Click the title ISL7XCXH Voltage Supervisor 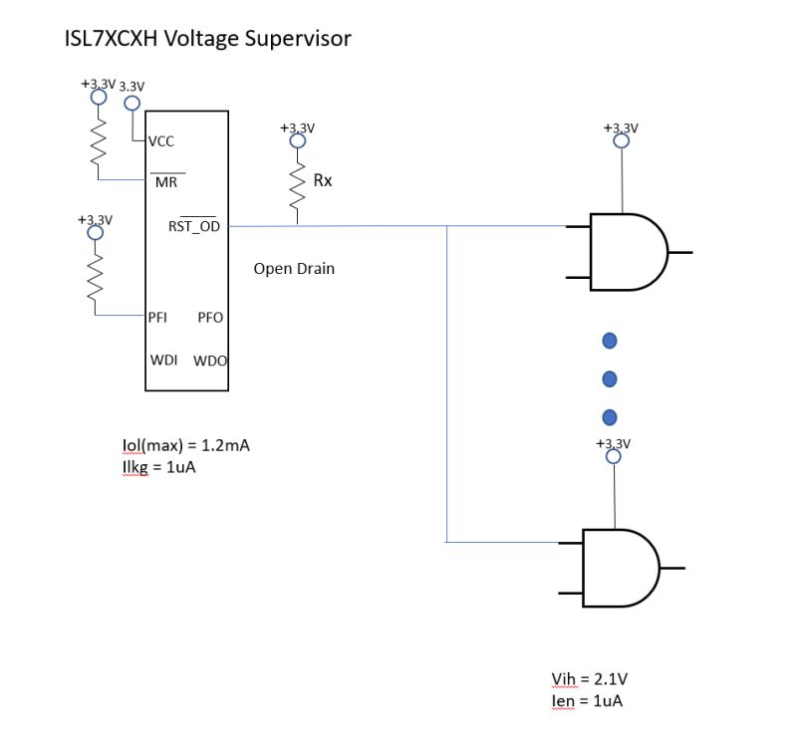click(x=207, y=39)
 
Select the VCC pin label click(x=161, y=141)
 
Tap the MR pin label click(x=165, y=182)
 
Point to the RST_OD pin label click(x=193, y=226)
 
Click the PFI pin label click(x=157, y=317)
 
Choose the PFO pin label click(x=210, y=317)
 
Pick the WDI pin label click(x=163, y=359)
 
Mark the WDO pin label click(x=210, y=360)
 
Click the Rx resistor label click(x=323, y=181)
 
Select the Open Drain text click(x=294, y=269)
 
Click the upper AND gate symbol click(x=627, y=252)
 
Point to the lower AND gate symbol click(x=619, y=568)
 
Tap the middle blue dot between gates click(x=611, y=379)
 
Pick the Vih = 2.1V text click(x=589, y=679)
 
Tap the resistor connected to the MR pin click(x=98, y=139)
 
